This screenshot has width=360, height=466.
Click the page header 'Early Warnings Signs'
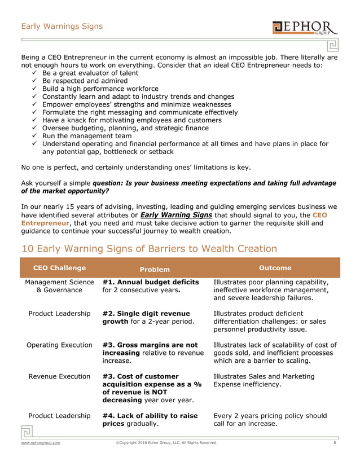tap(62, 26)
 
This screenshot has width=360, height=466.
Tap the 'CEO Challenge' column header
tap(59, 268)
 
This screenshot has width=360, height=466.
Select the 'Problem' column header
tap(154, 269)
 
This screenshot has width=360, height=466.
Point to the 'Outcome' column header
tap(274, 268)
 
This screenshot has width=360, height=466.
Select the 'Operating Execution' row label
tap(60, 345)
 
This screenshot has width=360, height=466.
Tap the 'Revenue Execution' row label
tap(60, 376)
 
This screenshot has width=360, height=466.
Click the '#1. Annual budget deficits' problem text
tap(151, 282)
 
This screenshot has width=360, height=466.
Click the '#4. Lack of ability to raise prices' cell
tap(150, 420)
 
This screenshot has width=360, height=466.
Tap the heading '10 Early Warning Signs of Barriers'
tap(149, 248)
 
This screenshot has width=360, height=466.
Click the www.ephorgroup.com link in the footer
tap(41, 443)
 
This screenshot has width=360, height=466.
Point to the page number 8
tap(335, 443)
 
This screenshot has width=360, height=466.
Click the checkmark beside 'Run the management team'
tap(36, 136)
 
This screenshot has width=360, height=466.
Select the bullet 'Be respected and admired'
tap(85, 81)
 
